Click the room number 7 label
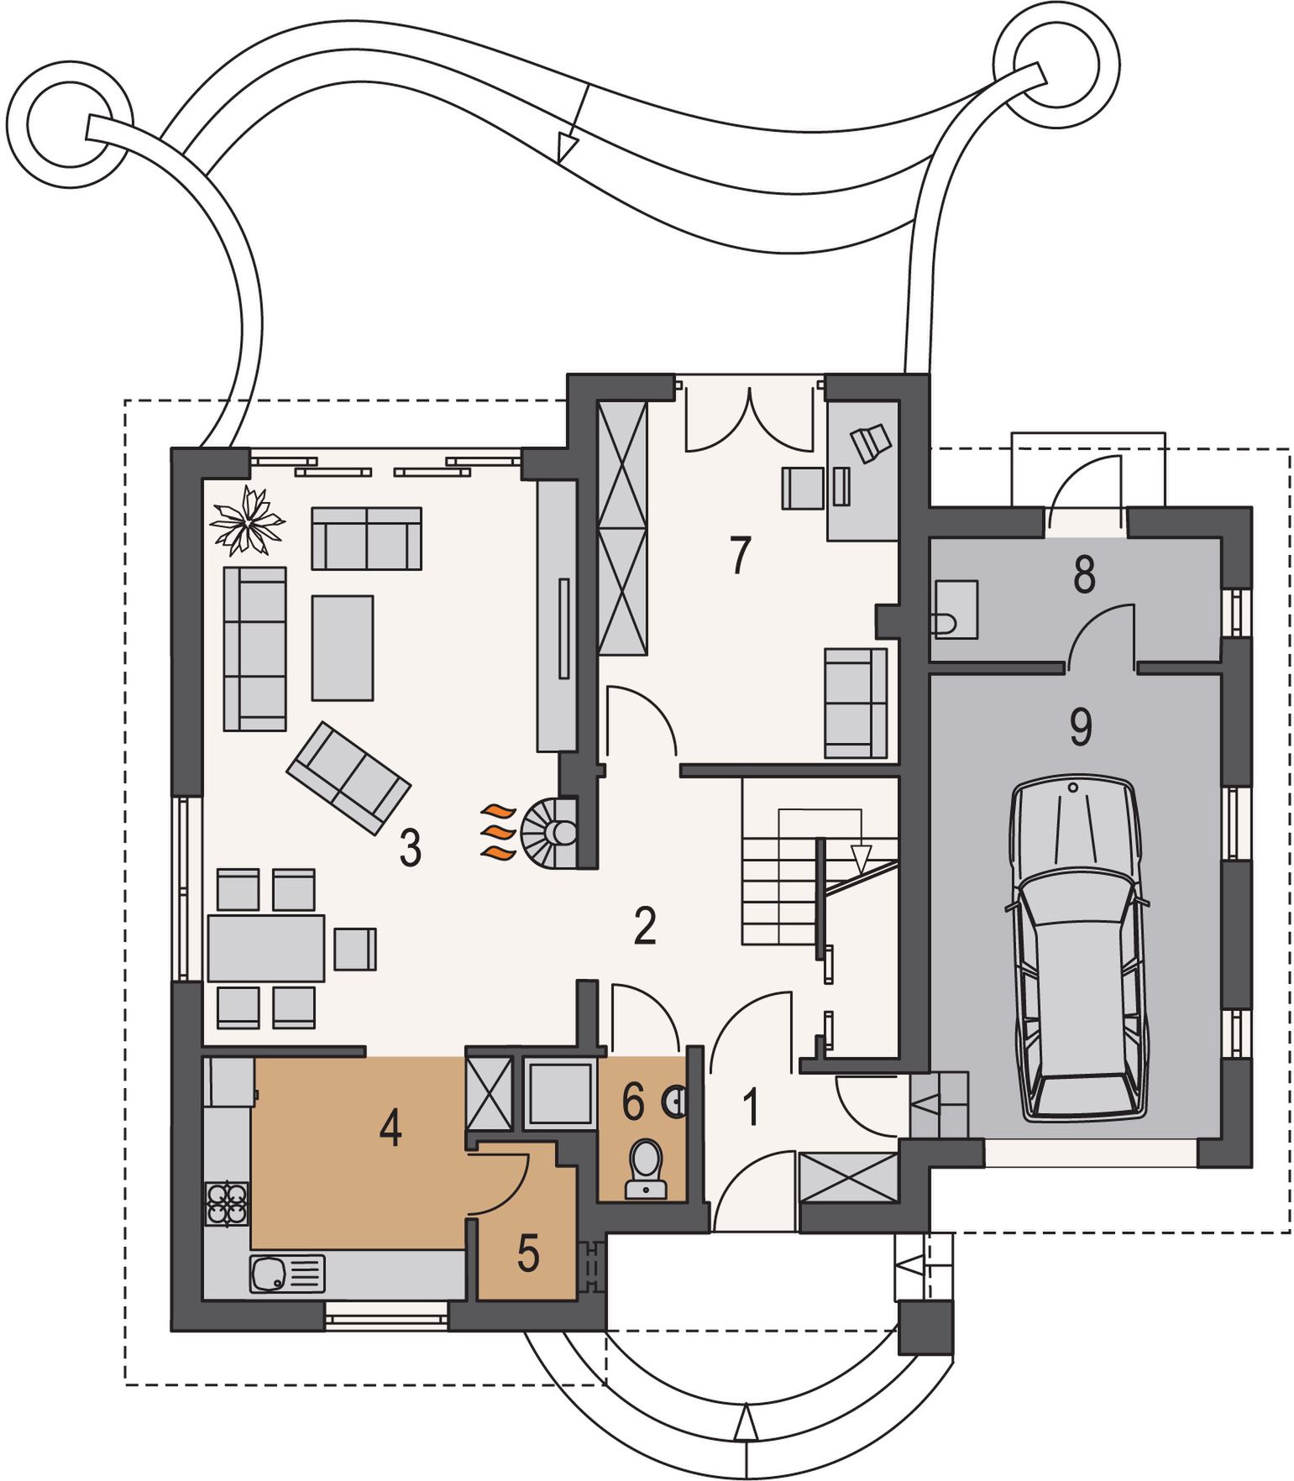(x=740, y=555)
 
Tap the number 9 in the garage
(x=1081, y=727)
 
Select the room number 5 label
(x=528, y=1253)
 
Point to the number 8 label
(x=1084, y=576)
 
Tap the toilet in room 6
(x=646, y=1167)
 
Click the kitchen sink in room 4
(x=286, y=1274)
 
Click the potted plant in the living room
(x=248, y=521)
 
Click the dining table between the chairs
(x=265, y=948)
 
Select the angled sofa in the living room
(x=348, y=778)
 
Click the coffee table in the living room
(x=343, y=647)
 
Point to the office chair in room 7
(x=870, y=442)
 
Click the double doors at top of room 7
(x=750, y=420)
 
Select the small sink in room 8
(x=956, y=610)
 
